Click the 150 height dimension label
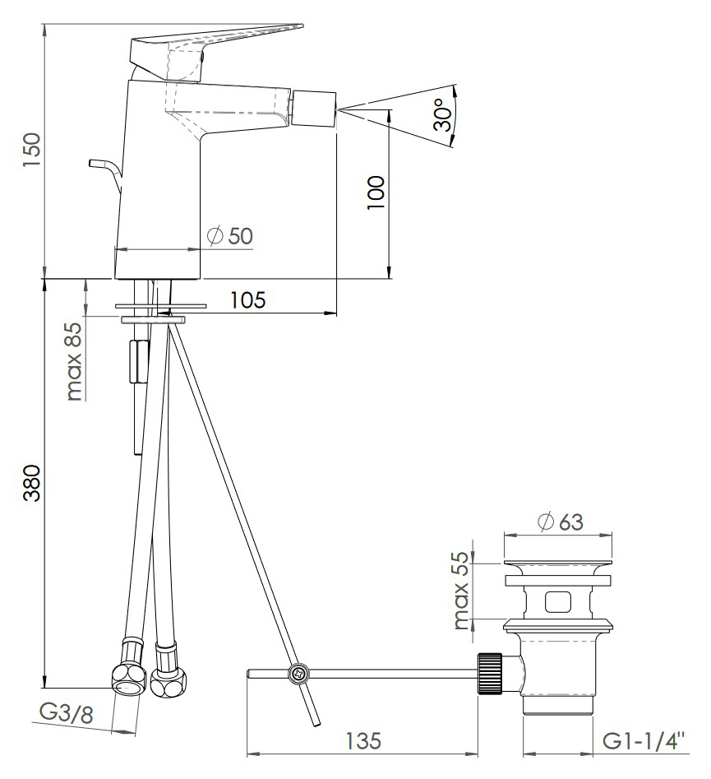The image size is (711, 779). (31, 150)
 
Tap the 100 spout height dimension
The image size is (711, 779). (376, 192)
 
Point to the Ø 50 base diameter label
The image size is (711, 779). (230, 235)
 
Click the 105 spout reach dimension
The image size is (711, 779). (247, 299)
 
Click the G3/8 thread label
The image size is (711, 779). (66, 714)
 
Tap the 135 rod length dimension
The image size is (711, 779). (363, 740)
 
